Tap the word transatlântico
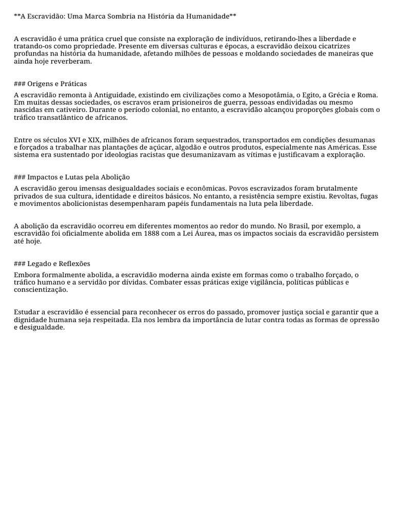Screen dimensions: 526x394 coord(63,118)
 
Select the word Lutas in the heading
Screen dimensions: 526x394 coord(75,177)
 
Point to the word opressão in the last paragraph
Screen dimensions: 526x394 coord(362,320)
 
